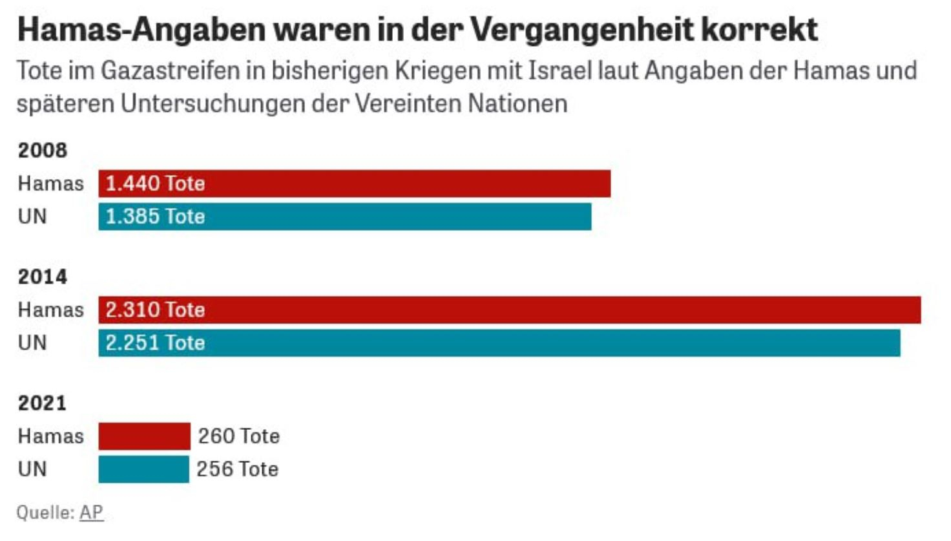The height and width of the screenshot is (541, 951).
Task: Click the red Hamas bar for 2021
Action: tap(144, 436)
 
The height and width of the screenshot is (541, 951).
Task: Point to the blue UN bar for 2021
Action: tap(143, 469)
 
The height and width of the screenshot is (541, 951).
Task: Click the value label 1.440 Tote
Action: tap(155, 184)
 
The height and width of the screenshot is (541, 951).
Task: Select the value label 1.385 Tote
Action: tap(155, 217)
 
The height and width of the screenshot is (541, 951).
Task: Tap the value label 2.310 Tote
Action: tap(155, 310)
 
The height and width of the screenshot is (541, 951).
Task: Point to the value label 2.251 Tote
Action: tap(155, 343)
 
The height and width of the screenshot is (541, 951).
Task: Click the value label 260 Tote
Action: tap(239, 436)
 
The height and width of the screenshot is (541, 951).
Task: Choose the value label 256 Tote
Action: tap(238, 469)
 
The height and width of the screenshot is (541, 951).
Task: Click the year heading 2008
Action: tap(43, 151)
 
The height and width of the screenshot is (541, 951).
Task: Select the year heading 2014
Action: tap(43, 277)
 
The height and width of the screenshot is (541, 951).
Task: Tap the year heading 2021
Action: tap(43, 403)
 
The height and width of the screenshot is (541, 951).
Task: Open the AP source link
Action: tap(91, 513)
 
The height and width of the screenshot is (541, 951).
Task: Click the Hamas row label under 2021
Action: tap(50, 436)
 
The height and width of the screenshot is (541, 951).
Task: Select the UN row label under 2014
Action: tap(32, 343)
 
